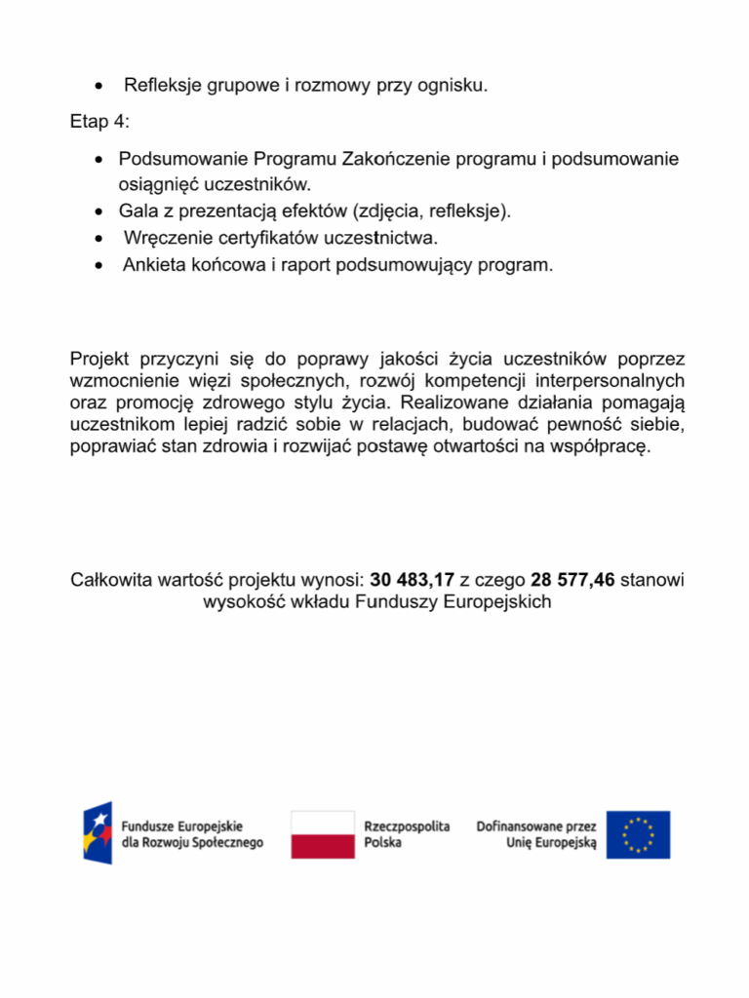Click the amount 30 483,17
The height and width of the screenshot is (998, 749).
click(x=412, y=580)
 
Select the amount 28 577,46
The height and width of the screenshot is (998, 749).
click(x=572, y=580)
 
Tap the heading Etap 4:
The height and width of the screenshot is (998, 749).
click(x=99, y=122)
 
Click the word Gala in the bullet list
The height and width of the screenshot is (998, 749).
click(x=138, y=211)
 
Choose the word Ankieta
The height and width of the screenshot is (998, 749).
click(x=154, y=264)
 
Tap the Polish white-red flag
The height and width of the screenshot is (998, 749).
click(x=323, y=834)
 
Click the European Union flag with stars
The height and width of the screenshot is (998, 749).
click(x=638, y=834)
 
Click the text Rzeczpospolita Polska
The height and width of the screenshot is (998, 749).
click(x=407, y=834)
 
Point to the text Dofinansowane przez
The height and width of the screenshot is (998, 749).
click(x=535, y=825)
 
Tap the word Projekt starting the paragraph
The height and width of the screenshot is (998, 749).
click(x=99, y=358)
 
